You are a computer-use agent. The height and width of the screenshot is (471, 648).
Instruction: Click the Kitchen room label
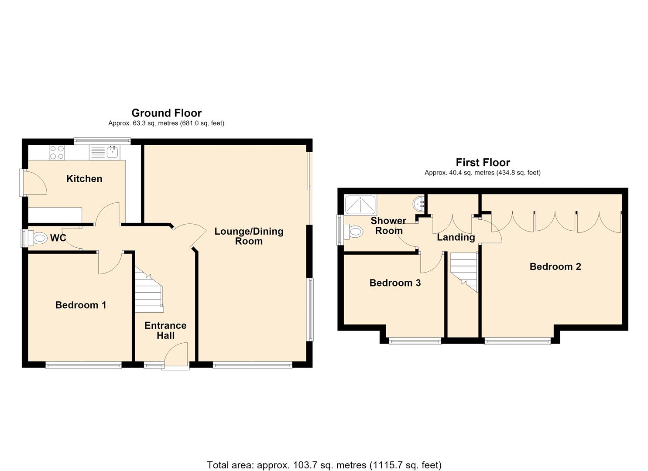pos(84,179)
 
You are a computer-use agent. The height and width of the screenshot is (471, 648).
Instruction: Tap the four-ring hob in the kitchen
pos(57,152)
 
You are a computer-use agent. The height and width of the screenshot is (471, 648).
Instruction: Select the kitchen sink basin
pos(112,152)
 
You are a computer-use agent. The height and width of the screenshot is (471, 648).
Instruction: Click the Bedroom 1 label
pos(81,305)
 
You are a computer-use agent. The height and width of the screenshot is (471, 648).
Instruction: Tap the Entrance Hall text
pos(165,331)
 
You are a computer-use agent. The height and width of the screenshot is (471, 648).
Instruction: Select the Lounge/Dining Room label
pos(249,236)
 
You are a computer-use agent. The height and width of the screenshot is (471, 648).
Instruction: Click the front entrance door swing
pos(175,355)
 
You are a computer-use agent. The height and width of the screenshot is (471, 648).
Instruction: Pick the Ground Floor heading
pos(166,113)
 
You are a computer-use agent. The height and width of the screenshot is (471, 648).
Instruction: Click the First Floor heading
pos(483,163)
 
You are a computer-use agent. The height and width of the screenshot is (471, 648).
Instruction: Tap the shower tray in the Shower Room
pos(360,205)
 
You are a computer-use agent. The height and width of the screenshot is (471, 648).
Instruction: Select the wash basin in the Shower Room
pos(418,205)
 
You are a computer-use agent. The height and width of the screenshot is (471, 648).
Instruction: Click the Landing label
pos(456,237)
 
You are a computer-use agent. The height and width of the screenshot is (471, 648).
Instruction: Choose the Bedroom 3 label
pos(395,283)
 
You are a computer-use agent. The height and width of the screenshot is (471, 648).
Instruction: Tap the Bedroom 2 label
pos(555,266)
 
